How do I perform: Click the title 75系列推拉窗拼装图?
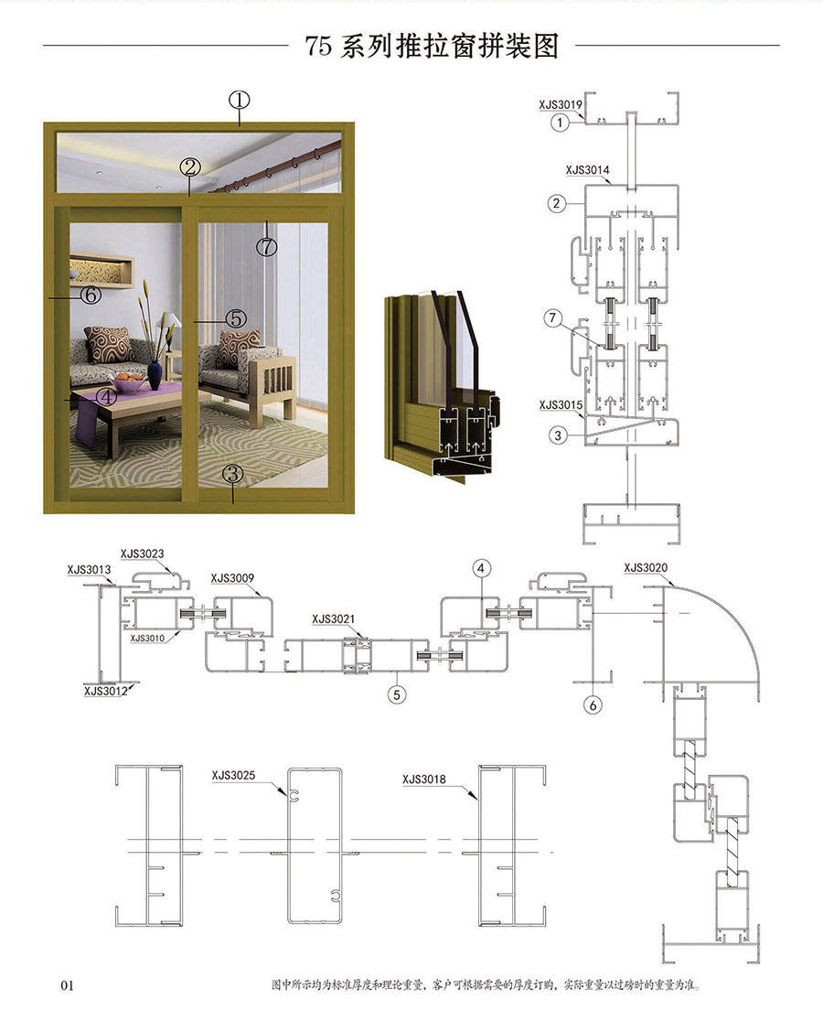(x=432, y=46)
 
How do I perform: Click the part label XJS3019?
(x=561, y=104)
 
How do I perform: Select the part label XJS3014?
(x=587, y=170)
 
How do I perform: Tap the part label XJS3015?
(x=561, y=405)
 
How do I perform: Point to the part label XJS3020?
(x=646, y=568)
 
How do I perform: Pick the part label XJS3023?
(x=142, y=554)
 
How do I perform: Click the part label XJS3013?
(x=89, y=570)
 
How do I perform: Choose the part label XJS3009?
(x=232, y=578)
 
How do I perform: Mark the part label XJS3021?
(x=334, y=618)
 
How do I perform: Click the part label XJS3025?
(x=233, y=776)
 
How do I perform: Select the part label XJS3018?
(x=424, y=779)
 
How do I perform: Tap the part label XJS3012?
(x=106, y=691)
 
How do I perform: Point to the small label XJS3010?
(x=147, y=639)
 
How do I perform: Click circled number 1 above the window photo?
(x=240, y=100)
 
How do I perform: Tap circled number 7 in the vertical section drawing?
(x=553, y=318)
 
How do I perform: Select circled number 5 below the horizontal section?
(x=397, y=694)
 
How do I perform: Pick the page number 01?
(x=67, y=985)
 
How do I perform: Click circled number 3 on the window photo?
(x=233, y=474)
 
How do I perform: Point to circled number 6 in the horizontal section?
(x=593, y=705)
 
